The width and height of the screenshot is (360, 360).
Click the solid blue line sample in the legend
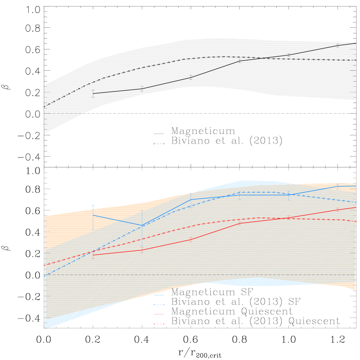[159, 295]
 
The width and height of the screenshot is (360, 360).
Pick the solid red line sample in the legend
[159, 314]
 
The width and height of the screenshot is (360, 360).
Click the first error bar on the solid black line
[93, 93]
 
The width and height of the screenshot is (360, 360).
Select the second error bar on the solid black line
[142, 89]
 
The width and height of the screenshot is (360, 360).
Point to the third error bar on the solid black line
[191, 78]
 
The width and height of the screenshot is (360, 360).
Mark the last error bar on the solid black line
[337, 46]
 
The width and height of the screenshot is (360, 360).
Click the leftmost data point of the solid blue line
[93, 215]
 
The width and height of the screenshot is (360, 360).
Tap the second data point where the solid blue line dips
[142, 226]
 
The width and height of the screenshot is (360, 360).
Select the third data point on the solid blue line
[191, 200]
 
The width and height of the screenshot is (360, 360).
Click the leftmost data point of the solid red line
[93, 255]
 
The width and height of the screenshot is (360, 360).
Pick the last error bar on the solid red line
[337, 210]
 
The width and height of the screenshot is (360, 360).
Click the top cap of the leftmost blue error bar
[93, 205]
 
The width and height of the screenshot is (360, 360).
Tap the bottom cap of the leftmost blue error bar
[93, 229]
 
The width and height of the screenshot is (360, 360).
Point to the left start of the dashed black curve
[45, 106]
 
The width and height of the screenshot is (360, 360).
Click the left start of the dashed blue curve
[45, 274]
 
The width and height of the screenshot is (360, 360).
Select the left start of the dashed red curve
[45, 265]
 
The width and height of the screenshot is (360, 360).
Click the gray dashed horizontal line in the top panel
[65, 113]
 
